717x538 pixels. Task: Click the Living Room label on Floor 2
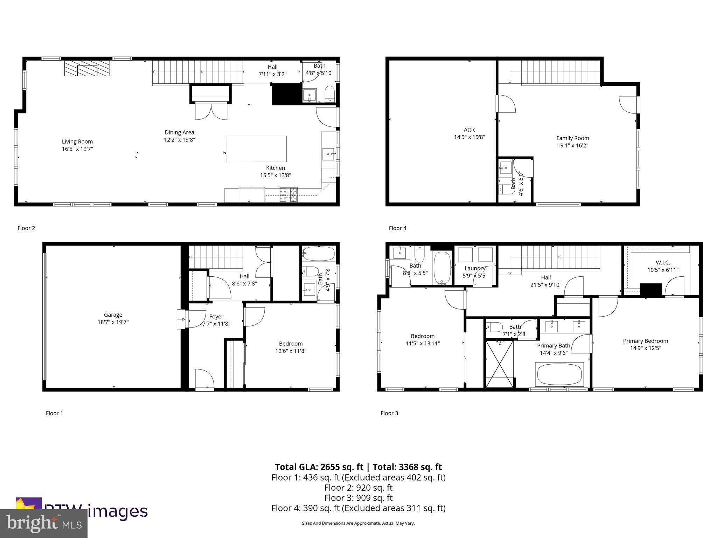(77, 142)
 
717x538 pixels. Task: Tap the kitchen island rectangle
(256, 149)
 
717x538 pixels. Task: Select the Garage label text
(113, 315)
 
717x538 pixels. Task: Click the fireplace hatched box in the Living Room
(87, 68)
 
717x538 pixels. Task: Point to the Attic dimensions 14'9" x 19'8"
(469, 137)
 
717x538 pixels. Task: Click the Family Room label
(572, 138)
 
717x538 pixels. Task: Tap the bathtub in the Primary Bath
(559, 374)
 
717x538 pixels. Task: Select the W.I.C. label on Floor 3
(663, 262)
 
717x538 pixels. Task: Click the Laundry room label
(475, 268)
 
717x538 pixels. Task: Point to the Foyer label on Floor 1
(216, 316)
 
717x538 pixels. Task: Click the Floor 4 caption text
(397, 228)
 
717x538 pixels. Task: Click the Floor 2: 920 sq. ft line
(358, 488)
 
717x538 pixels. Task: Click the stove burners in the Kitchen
(288, 195)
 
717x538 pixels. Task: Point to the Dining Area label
(179, 132)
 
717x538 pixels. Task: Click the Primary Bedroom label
(645, 341)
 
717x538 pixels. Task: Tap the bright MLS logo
(44, 524)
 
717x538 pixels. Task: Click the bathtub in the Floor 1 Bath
(319, 253)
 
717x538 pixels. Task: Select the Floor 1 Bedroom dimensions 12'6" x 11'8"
(291, 351)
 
